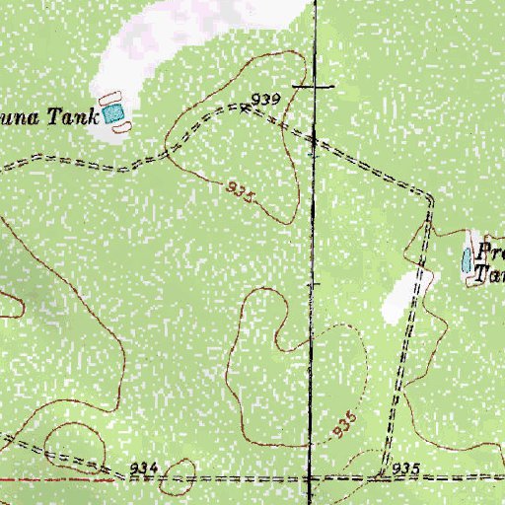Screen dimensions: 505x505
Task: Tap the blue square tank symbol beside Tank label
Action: click(x=116, y=115)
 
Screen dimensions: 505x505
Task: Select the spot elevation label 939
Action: click(x=266, y=99)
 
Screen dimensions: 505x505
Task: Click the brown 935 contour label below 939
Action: click(x=241, y=190)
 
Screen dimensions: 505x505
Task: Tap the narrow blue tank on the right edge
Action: click(x=467, y=260)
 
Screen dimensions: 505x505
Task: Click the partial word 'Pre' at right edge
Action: click(x=490, y=252)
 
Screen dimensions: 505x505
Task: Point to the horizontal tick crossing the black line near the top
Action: click(x=315, y=86)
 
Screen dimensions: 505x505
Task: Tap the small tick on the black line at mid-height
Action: click(x=313, y=284)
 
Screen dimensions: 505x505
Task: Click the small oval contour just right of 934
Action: click(x=182, y=483)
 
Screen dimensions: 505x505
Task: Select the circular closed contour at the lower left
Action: click(x=70, y=438)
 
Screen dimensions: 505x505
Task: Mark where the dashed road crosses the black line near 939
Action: click(x=314, y=139)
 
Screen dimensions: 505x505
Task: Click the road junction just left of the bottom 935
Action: click(x=379, y=478)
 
